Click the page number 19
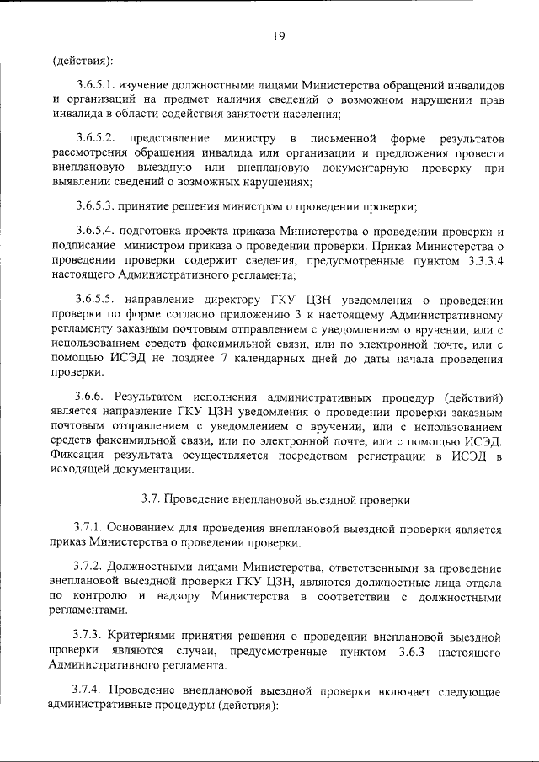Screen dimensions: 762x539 coord(280,35)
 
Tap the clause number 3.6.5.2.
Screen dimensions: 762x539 coord(99,136)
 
